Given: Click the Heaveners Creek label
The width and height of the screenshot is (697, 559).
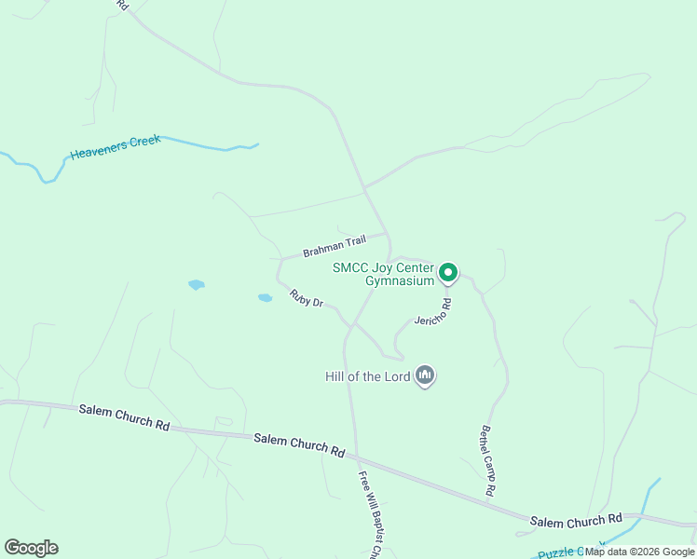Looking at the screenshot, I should [116, 146].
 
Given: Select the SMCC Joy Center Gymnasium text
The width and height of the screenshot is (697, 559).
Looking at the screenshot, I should [384, 274].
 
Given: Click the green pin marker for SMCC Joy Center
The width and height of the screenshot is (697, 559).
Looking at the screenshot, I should [447, 272].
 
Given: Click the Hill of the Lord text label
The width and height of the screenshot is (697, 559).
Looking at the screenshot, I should [367, 376].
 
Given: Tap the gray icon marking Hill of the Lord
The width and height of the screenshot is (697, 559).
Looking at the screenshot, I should [425, 375].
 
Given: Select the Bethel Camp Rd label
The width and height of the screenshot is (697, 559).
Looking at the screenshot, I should [486, 460].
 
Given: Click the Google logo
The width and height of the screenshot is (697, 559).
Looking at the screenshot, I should [31, 548].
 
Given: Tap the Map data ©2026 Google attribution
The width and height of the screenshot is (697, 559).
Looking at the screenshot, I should [639, 552].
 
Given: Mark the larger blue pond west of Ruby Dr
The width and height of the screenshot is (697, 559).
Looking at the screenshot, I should [196, 284].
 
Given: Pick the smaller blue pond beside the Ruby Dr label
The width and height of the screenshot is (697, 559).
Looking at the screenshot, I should [265, 298].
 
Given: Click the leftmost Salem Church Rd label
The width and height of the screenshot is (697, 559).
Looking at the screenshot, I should [124, 416].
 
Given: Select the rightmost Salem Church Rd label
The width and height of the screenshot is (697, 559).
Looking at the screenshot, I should [576, 519].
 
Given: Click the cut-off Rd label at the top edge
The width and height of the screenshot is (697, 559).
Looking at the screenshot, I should [122, 5].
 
